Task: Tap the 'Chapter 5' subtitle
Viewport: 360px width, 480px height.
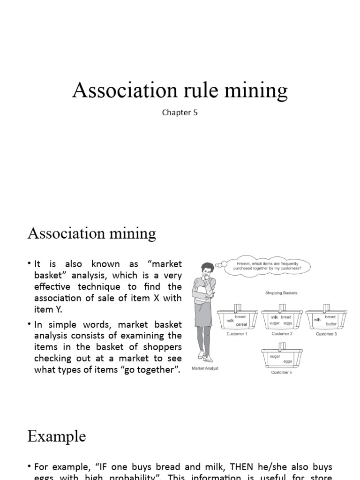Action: click(180, 112)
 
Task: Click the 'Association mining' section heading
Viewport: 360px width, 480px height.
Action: click(91, 233)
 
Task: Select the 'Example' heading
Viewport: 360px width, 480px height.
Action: click(56, 436)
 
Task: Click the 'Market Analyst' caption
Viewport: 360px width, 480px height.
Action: click(205, 368)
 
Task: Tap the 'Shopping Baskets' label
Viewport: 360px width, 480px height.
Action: click(281, 293)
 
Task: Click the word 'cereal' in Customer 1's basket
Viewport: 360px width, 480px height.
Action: click(241, 324)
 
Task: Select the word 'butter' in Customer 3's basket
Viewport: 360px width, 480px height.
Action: click(331, 324)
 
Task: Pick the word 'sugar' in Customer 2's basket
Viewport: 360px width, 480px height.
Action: click(274, 323)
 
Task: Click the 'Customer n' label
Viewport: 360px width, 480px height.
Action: click(282, 373)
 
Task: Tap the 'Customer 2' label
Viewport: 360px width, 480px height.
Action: click(282, 334)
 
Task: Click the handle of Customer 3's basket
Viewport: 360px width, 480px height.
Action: click(326, 308)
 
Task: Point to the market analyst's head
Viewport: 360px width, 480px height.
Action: click(208, 269)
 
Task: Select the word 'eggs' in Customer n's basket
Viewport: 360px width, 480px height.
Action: click(288, 361)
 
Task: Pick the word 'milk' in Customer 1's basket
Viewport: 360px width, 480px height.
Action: click(230, 321)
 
